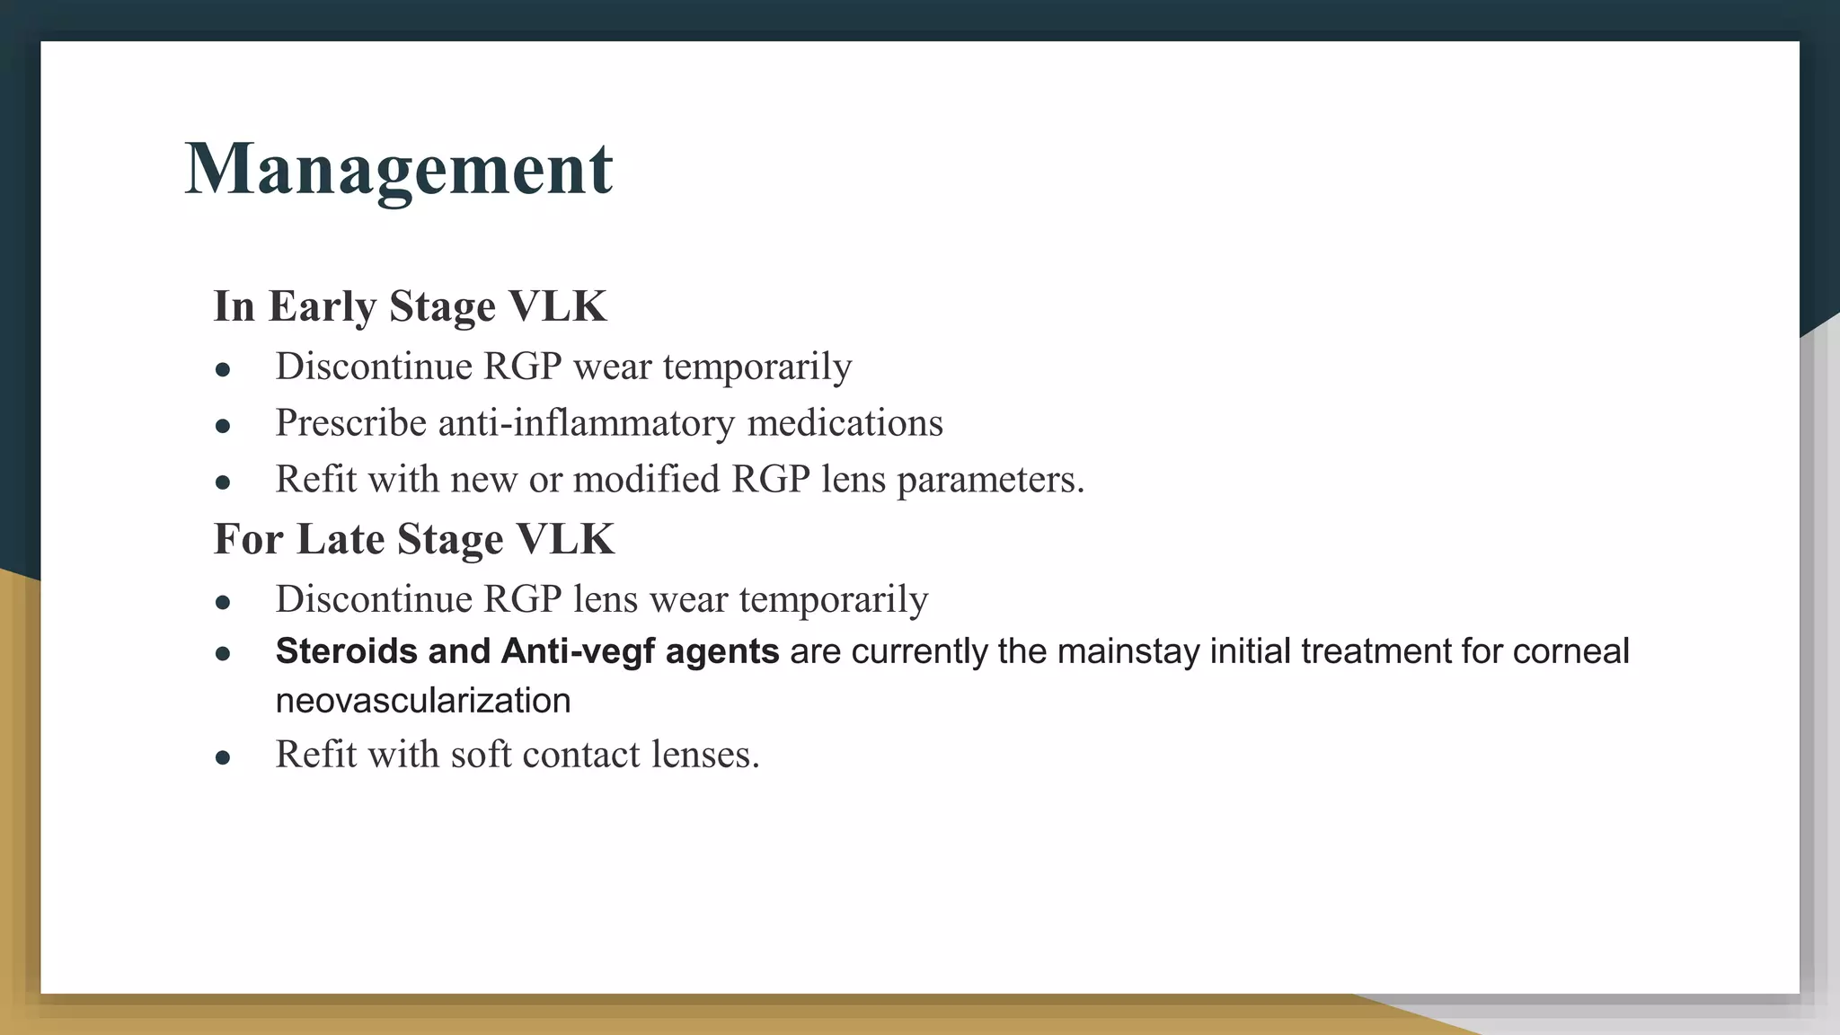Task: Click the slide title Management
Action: point(398,169)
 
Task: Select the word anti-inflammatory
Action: point(586,422)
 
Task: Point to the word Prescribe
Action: point(350,422)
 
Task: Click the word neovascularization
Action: point(422,701)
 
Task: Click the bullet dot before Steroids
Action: point(224,654)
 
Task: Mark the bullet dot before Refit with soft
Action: point(224,757)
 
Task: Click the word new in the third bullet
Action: point(483,480)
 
